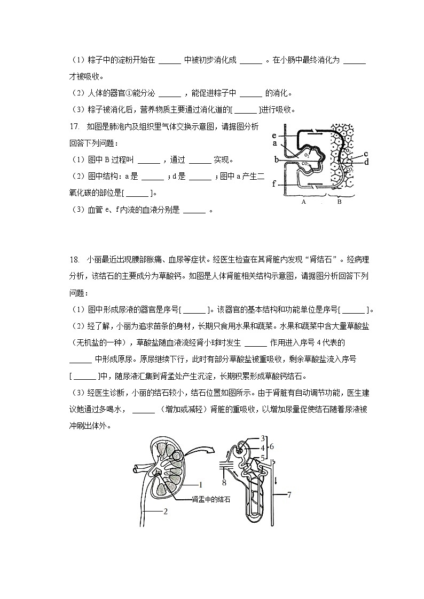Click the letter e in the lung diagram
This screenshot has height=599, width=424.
tap(274, 135)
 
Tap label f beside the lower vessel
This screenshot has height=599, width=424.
tap(274, 184)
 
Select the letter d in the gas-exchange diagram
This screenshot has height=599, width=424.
tap(366, 162)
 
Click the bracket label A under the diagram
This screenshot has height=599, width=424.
tap(303, 202)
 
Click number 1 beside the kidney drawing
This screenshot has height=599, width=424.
tap(200, 485)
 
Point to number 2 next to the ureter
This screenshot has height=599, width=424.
tap(166, 511)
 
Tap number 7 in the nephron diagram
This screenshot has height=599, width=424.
tap(289, 494)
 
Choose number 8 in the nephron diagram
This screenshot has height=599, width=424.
tap(224, 483)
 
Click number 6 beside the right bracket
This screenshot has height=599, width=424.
tap(272, 446)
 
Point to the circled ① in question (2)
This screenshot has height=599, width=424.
tap(128, 93)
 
